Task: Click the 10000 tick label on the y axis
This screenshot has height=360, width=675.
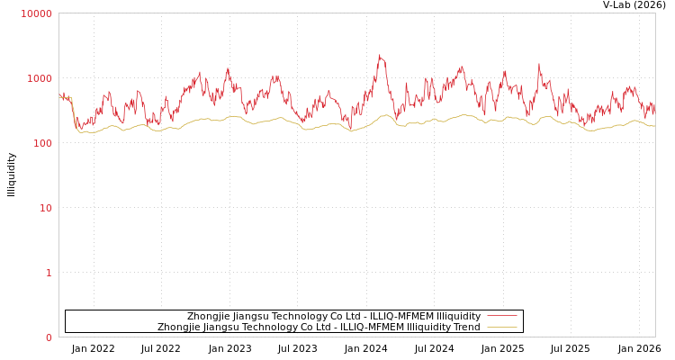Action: point(37,13)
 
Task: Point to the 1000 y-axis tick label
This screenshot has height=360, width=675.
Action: point(40,78)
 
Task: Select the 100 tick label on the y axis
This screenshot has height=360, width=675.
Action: point(42,143)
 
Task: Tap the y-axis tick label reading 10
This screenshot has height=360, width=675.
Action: point(45,208)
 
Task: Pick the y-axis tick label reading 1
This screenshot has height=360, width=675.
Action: point(49,273)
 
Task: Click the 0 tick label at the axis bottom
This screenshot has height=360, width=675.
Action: point(49,337)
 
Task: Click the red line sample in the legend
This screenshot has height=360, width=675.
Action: point(501,316)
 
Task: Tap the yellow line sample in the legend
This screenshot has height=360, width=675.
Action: point(501,327)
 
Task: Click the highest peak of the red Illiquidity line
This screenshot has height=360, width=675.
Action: point(380,56)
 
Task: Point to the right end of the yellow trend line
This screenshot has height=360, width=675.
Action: point(654,126)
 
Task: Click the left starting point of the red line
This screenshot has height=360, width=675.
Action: point(59,95)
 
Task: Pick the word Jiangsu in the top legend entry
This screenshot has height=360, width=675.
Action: point(255,316)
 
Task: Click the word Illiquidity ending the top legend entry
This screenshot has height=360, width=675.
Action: point(459,316)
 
